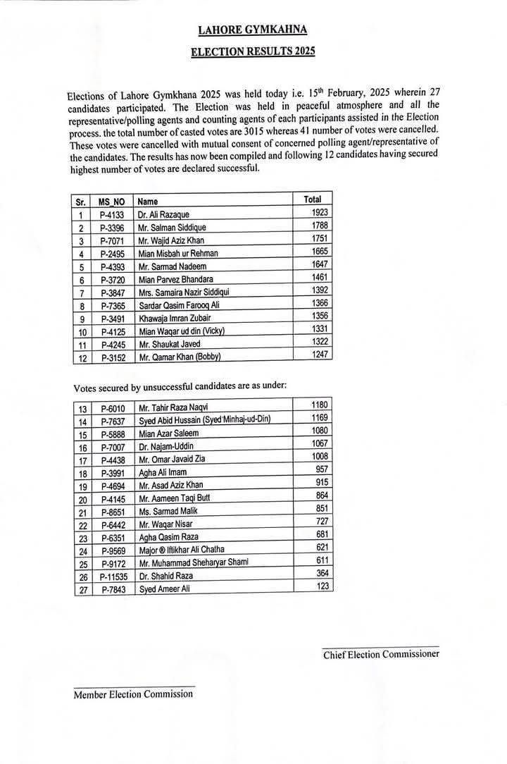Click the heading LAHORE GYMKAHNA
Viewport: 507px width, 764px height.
(x=253, y=30)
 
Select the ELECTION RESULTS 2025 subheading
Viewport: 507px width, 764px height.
(x=253, y=52)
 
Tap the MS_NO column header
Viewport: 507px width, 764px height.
(x=111, y=202)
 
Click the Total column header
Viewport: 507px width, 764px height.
(x=312, y=199)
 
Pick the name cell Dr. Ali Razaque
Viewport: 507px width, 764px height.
(x=164, y=214)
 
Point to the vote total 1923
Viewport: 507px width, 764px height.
(x=320, y=212)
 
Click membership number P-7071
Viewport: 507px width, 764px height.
(x=112, y=240)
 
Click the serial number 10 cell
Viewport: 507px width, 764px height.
(x=82, y=331)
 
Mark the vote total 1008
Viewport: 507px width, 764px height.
(x=320, y=456)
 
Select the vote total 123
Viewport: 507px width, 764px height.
(x=323, y=585)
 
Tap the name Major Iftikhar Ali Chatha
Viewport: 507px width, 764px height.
(x=184, y=550)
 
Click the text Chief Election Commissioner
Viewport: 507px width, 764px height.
(x=381, y=655)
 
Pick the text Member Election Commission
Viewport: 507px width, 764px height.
(x=133, y=694)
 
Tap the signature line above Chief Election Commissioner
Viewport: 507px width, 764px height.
(x=380, y=646)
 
